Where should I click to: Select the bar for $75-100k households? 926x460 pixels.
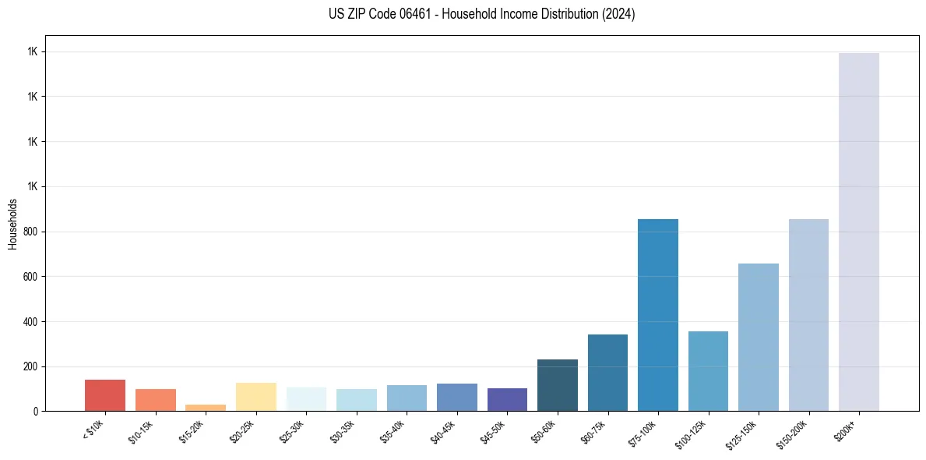pos(658,315)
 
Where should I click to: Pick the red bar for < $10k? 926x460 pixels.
pos(105,395)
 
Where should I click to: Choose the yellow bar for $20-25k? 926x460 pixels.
pos(255,397)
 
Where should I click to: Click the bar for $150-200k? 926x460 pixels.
pos(808,315)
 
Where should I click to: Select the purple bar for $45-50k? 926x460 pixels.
pos(507,399)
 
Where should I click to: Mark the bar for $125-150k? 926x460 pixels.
pos(759,337)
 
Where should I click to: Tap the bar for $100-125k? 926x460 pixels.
pos(708,371)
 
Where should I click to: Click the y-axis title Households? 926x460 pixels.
pos(13,224)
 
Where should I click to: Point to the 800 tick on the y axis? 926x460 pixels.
pos(30,232)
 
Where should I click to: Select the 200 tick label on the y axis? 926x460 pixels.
pos(30,366)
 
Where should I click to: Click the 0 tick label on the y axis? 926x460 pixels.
pos(36,411)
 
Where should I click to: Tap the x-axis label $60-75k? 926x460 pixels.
pos(593,430)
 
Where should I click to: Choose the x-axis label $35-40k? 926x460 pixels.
pos(393,430)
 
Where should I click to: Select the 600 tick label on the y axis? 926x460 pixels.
pos(30,277)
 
